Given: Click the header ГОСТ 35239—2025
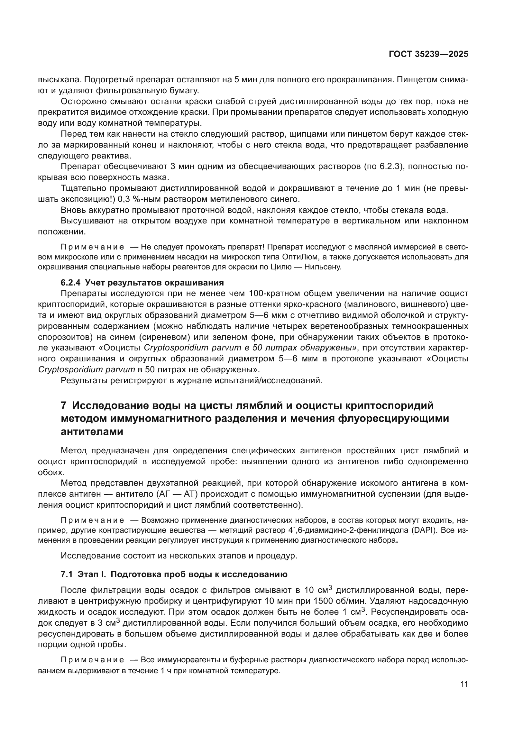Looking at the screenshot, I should tap(428, 54).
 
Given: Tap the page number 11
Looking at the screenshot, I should tap(464, 684).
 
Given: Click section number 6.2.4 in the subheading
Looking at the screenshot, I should tap(70, 282).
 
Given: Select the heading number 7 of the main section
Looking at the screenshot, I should tap(64, 405).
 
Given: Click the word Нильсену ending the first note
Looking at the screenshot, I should tap(322, 267).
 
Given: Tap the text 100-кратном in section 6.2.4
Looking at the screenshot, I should tap(274, 294).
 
